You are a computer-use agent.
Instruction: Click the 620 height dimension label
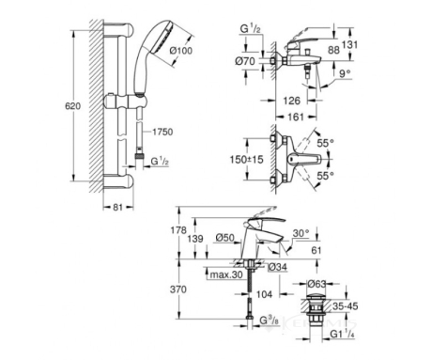coord(72,106)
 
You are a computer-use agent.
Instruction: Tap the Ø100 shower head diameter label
coord(181,51)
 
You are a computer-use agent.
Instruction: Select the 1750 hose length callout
coord(162,132)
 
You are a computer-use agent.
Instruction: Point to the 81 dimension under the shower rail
coord(117,207)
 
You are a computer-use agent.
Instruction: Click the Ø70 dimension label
coord(245,61)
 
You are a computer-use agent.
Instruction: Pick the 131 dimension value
coord(349,44)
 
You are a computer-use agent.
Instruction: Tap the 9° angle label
coord(346,74)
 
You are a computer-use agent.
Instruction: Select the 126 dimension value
coord(291,101)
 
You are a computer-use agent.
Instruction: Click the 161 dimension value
coord(296,117)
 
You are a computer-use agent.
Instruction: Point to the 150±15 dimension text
coord(247,160)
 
